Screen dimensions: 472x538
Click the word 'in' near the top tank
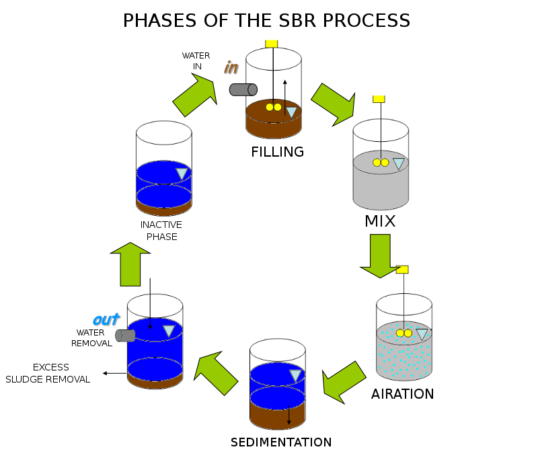click(231, 68)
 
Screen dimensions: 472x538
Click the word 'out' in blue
click(106, 320)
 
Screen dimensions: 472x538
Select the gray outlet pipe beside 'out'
click(125, 336)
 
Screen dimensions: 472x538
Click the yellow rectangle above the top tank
click(271, 43)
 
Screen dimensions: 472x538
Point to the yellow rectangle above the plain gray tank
click(379, 99)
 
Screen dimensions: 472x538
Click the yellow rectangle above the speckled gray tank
click(402, 270)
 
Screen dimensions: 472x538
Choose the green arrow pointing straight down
click(380, 255)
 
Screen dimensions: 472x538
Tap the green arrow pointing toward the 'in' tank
click(194, 95)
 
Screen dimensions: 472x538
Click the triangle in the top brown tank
click(291, 112)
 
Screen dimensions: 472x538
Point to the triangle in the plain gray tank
click(399, 163)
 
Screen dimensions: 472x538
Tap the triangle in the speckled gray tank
click(422, 333)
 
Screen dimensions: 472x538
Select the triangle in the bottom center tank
click(295, 375)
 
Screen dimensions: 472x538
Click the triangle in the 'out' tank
click(169, 331)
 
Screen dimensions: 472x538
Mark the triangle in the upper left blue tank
click(182, 173)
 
